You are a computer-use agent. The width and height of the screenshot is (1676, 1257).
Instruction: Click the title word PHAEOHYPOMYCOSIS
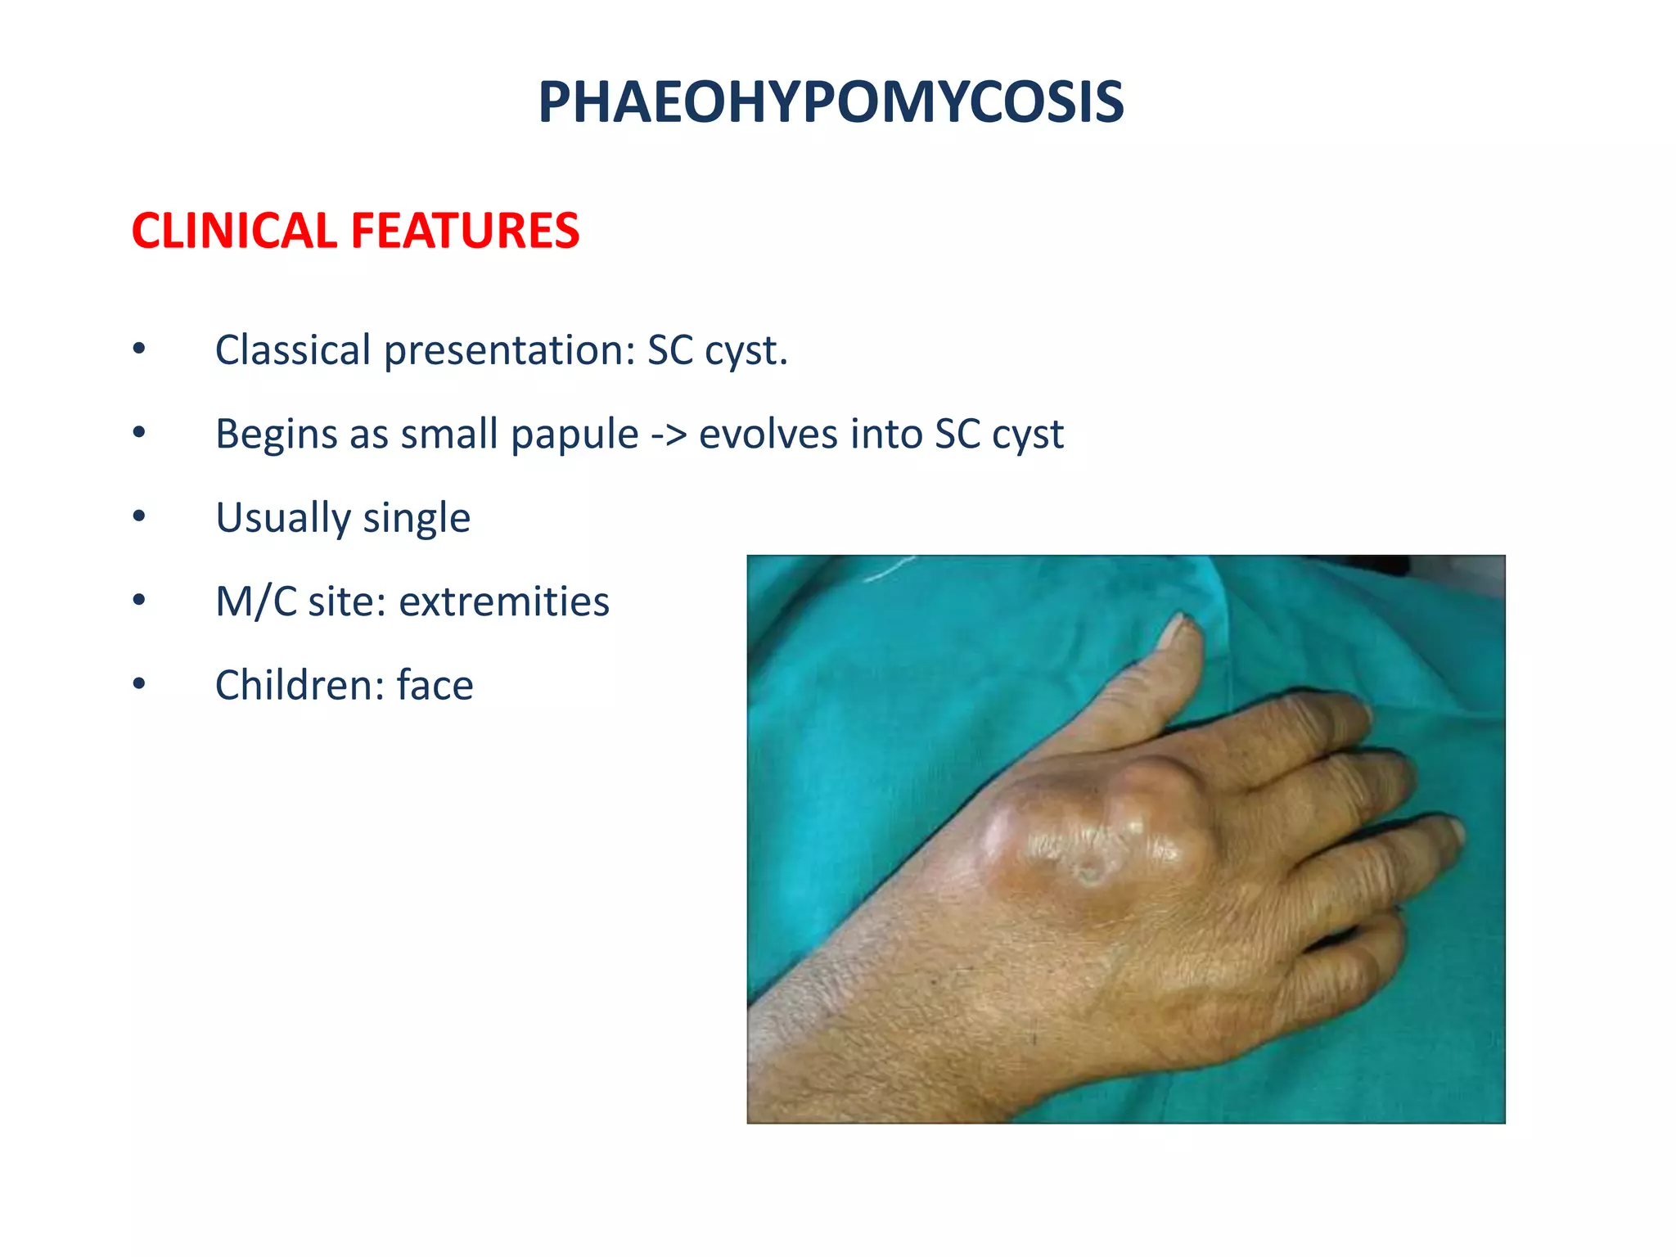tap(831, 103)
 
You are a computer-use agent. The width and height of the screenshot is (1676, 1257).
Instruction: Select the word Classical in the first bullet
tap(292, 350)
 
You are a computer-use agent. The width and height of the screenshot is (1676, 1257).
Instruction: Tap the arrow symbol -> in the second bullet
tap(669, 435)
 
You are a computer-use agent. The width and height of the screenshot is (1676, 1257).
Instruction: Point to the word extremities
tap(503, 601)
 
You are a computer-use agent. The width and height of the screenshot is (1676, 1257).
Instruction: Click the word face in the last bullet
tap(435, 685)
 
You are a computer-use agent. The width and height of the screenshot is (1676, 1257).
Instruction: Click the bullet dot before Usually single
tap(139, 516)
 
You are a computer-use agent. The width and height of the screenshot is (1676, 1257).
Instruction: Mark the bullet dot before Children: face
tap(139, 683)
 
